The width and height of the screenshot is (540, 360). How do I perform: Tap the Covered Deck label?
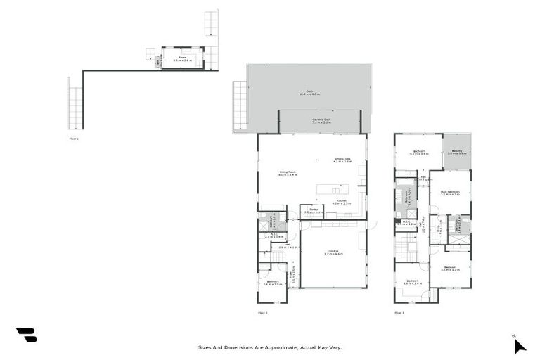point(321,121)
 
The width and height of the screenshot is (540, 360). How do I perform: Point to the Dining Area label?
point(342,160)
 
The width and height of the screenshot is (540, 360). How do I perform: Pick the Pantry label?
point(309,210)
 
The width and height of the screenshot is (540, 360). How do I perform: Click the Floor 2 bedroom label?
point(274,283)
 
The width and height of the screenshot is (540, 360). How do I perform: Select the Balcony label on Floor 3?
point(457,151)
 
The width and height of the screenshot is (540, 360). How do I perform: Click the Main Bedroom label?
point(450,193)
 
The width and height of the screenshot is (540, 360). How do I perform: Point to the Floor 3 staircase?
point(407,247)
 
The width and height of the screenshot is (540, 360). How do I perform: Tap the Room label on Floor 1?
point(182,59)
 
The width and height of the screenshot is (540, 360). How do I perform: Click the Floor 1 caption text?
point(74,139)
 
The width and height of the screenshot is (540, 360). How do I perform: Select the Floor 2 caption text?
point(263,312)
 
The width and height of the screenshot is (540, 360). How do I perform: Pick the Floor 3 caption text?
point(399,312)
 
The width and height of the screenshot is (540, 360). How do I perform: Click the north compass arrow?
point(519,345)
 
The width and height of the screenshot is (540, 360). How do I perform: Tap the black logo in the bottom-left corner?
point(26,335)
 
